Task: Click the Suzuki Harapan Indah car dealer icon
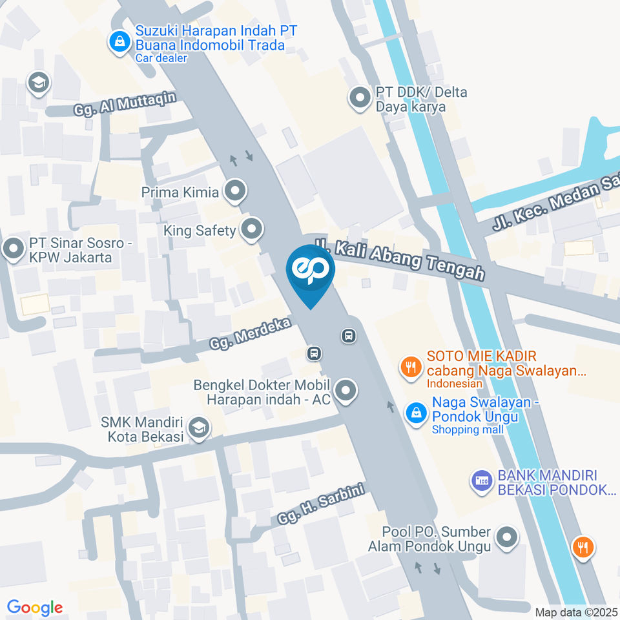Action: [119, 43]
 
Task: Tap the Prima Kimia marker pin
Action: [235, 191]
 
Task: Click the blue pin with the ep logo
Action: [311, 273]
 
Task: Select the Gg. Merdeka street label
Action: [249, 333]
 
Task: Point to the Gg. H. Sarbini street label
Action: [322, 504]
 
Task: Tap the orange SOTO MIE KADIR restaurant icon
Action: [409, 368]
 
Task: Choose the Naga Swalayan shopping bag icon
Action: [415, 412]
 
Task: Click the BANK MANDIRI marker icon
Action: [480, 481]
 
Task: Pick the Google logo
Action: [35, 607]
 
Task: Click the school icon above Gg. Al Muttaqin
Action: [39, 83]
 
